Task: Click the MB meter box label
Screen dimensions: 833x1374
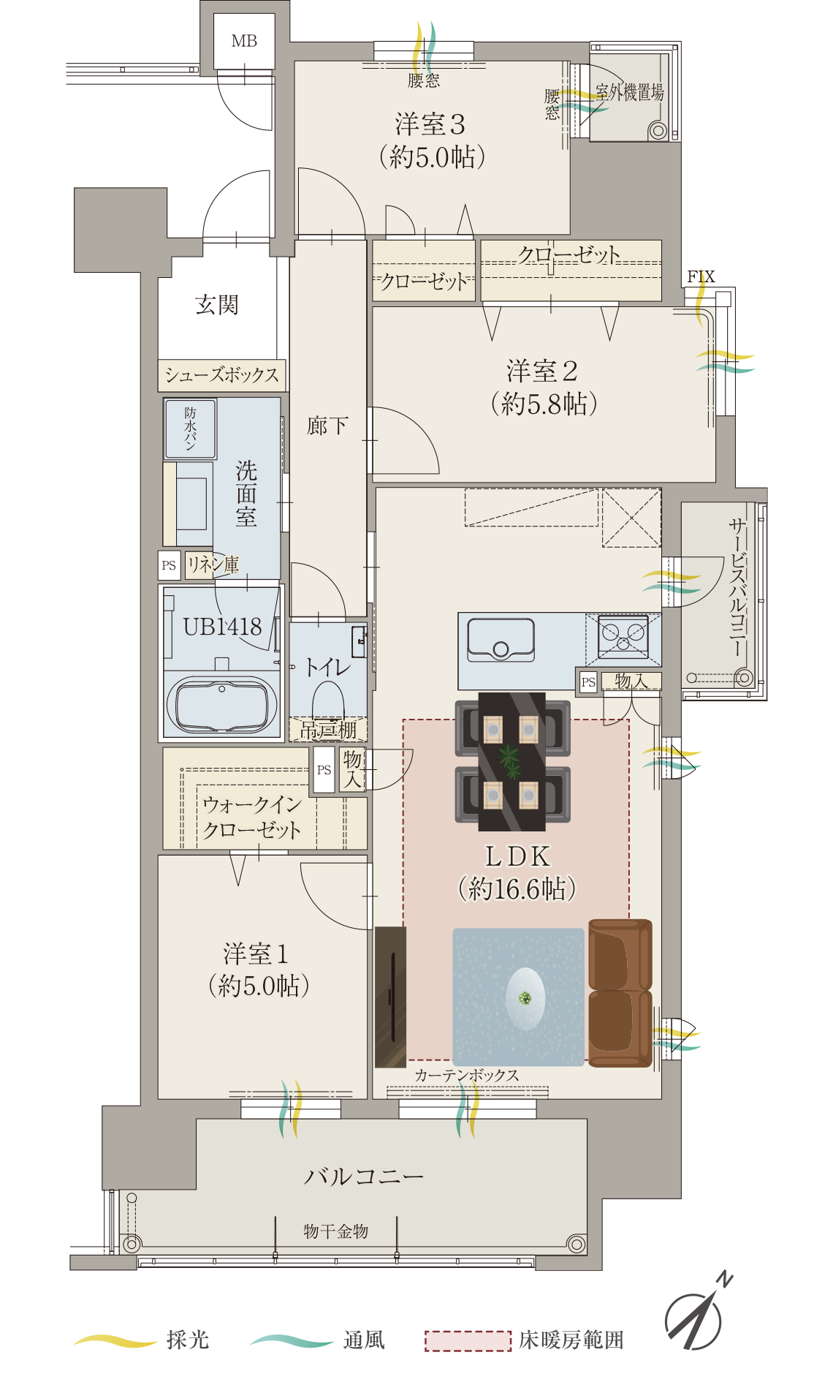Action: [244, 41]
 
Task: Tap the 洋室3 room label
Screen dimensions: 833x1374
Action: [430, 124]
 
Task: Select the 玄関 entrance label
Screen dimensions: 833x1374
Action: [217, 304]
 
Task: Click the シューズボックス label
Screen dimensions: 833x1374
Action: [221, 375]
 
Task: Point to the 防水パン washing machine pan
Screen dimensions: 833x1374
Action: [190, 429]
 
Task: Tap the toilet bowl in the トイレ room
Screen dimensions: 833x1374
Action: [328, 701]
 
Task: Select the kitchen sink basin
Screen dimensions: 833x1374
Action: [501, 640]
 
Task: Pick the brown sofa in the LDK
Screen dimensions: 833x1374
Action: [620, 992]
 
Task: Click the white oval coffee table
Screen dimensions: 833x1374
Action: [525, 998]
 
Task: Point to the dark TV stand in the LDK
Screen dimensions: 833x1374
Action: [390, 997]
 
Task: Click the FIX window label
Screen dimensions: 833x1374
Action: [701, 276]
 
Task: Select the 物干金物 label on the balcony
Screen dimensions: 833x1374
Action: [336, 1231]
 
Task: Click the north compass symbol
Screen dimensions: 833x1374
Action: [696, 1315]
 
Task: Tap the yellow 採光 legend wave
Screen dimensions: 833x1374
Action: [115, 1340]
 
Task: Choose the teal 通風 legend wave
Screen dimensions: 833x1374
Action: [292, 1340]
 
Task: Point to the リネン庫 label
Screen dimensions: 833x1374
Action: [213, 564]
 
